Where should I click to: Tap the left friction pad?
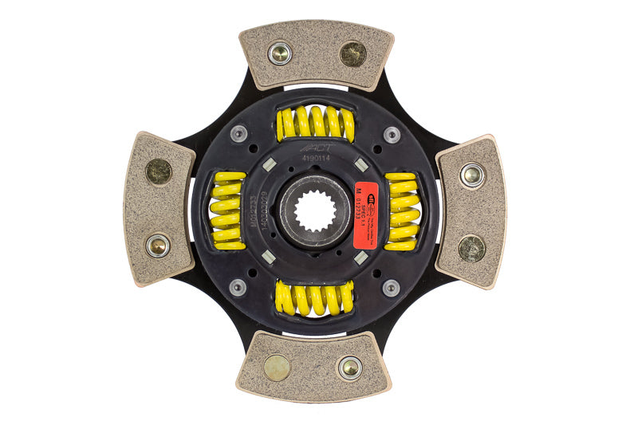[159, 209]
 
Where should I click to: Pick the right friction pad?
[471, 211]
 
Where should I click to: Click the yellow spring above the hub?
[315, 123]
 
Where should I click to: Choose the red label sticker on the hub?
[366, 205]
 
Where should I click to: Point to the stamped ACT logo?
[313, 148]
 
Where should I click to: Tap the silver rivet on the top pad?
[279, 53]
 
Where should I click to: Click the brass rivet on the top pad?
[352, 54]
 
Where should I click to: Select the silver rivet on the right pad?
[472, 175]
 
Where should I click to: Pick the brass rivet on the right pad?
[471, 248]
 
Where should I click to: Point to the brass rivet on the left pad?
[158, 171]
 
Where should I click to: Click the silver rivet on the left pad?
[157, 246]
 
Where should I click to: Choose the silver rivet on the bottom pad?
[349, 368]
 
